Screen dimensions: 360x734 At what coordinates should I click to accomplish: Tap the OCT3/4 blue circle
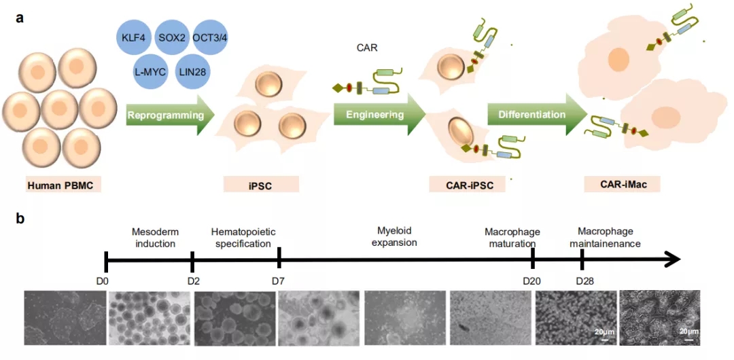210,37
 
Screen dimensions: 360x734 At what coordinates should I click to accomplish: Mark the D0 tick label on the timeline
105,281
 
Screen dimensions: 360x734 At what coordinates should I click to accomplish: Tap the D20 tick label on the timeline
532,281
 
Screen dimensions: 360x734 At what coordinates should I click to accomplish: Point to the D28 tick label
583,281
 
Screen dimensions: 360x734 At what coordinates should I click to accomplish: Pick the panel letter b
20,219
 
